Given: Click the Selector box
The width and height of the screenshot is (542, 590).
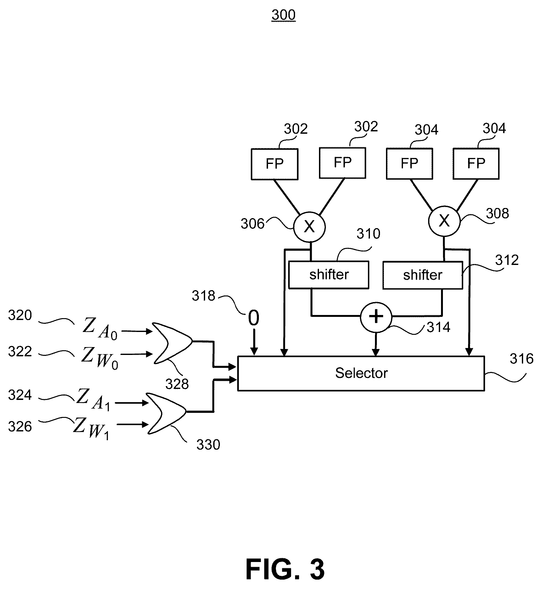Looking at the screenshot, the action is point(361,373).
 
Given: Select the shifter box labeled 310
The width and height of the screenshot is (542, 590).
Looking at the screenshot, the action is point(329,275).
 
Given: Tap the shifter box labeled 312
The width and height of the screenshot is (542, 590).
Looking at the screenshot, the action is point(422,275).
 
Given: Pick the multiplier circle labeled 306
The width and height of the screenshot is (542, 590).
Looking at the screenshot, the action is point(309,226).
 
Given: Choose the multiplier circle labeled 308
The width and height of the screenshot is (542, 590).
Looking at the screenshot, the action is point(444,221).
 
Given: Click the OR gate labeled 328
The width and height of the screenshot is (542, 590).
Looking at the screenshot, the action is point(172,343).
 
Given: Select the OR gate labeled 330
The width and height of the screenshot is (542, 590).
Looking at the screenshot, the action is point(166,413).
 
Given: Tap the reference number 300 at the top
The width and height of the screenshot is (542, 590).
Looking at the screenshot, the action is point(283,15).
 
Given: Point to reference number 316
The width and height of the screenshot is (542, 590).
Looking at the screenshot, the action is point(522,359).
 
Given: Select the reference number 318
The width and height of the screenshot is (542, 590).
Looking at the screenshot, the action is point(204,296).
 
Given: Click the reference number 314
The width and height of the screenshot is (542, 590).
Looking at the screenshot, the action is point(439,327).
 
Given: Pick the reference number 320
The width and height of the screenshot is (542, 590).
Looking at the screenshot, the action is point(20,315).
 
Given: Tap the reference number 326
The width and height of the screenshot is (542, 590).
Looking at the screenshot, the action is point(20,427).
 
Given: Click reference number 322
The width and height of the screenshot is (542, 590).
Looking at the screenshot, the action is point(20,351).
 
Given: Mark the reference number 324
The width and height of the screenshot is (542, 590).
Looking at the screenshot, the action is point(20,395).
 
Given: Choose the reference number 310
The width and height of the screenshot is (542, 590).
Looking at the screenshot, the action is point(368,234).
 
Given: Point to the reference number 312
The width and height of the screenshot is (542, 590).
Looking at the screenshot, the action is point(507,260).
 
